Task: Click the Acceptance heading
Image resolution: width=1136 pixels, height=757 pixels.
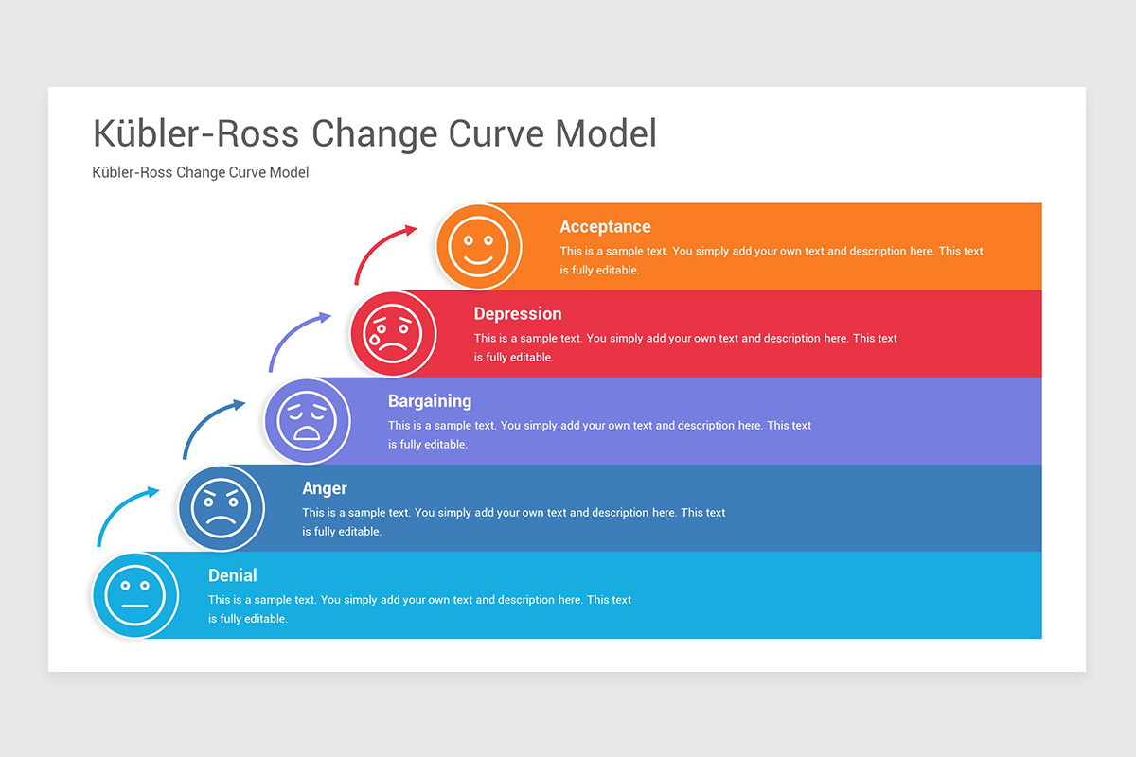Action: click(x=605, y=226)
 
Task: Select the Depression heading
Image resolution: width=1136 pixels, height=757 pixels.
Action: click(x=518, y=313)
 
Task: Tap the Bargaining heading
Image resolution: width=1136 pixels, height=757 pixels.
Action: click(x=430, y=400)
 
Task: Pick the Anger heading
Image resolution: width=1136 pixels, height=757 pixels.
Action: click(x=325, y=488)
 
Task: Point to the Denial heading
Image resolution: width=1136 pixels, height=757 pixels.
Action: click(x=233, y=575)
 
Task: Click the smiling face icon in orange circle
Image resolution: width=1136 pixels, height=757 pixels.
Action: click(x=478, y=246)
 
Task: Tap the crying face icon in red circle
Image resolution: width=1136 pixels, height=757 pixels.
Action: click(x=393, y=333)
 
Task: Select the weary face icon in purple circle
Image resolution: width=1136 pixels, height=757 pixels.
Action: click(x=307, y=420)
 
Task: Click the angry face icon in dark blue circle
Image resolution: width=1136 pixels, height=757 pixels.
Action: click(x=221, y=507)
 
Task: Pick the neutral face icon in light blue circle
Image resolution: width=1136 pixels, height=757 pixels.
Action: click(x=135, y=595)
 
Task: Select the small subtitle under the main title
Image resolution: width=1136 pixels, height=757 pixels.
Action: click(x=201, y=172)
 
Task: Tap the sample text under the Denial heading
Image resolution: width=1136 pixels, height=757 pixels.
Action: click(x=419, y=608)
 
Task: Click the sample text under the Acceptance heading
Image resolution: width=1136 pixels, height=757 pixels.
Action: click(x=771, y=259)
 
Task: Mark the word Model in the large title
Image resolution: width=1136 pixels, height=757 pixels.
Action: click(x=606, y=133)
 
